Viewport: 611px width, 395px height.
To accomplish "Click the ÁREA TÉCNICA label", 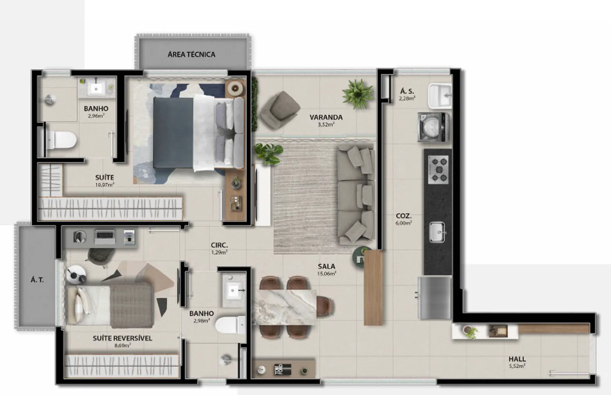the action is (x=192, y=54).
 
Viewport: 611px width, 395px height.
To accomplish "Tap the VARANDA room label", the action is (x=326, y=118).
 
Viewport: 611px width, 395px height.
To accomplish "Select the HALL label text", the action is (x=517, y=359).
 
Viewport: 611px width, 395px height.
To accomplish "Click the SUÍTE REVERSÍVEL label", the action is (x=123, y=338).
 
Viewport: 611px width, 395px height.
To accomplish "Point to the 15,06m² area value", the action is (x=326, y=274).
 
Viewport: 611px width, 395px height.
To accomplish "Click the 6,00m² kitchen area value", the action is (x=403, y=223).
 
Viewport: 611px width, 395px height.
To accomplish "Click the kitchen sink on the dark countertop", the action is (x=437, y=232).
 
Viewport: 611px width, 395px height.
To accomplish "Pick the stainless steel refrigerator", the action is (x=434, y=298).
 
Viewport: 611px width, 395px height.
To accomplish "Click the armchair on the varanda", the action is (x=280, y=109).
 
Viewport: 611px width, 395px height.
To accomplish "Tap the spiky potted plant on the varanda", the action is (x=357, y=94).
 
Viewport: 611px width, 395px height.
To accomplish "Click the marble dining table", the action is (x=284, y=307).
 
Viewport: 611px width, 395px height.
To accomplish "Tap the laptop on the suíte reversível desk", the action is (x=105, y=237).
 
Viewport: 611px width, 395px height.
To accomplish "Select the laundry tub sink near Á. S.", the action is (x=440, y=96).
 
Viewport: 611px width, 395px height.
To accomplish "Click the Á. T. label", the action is (x=37, y=280).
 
